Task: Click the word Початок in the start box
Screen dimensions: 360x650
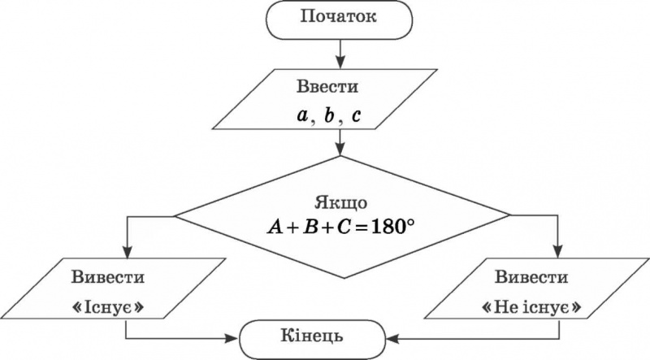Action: [x=340, y=18]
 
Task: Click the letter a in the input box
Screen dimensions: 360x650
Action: [x=303, y=115]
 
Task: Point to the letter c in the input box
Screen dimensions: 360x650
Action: [x=356, y=116]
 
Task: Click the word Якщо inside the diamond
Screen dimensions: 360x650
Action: [x=340, y=202]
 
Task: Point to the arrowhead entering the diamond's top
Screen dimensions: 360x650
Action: [x=340, y=150]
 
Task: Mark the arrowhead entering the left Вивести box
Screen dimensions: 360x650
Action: [x=128, y=251]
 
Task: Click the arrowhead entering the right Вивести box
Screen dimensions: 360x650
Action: [x=560, y=251]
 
